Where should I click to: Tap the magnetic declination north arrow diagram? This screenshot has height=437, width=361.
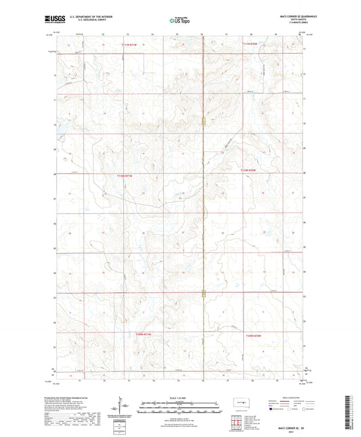[x=123, y=411]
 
